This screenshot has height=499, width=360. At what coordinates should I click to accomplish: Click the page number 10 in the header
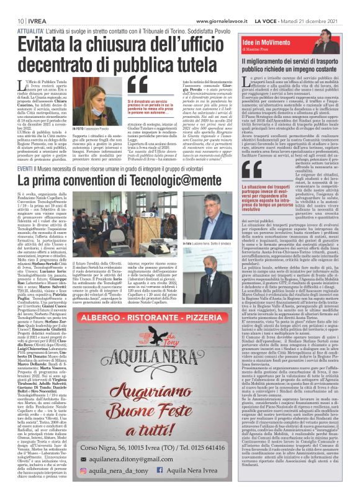[x=12, y=6]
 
